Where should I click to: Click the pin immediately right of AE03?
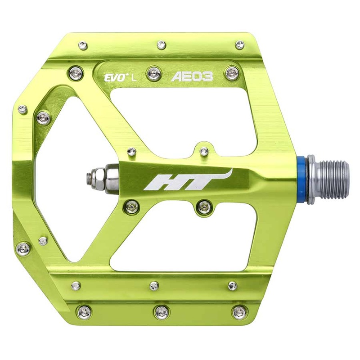(232, 72)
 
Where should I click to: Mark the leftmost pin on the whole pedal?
(22, 109)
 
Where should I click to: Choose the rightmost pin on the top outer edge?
(240, 44)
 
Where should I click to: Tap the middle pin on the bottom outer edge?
(160, 311)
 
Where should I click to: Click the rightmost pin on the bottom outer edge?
(237, 311)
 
